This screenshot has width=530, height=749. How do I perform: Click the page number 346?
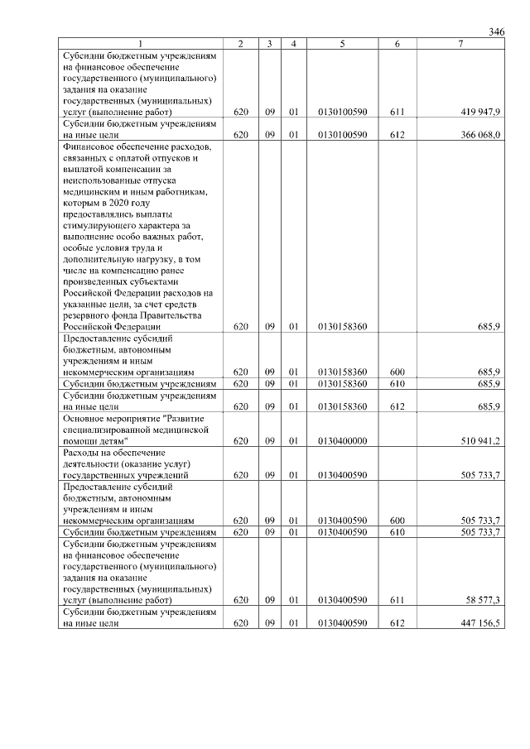click(x=496, y=31)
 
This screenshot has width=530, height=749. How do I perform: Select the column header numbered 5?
click(x=341, y=43)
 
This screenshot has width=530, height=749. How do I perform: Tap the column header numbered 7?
click(x=460, y=43)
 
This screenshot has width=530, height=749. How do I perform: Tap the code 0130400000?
click(x=341, y=440)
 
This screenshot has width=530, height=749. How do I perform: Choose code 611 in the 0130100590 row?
click(x=397, y=111)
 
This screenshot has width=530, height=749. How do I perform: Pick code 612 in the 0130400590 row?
click(x=397, y=622)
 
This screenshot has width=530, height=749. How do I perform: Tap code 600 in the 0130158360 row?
click(x=397, y=372)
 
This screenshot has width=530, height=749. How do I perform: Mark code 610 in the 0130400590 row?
click(x=397, y=531)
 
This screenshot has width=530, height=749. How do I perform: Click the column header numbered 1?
click(x=140, y=43)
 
